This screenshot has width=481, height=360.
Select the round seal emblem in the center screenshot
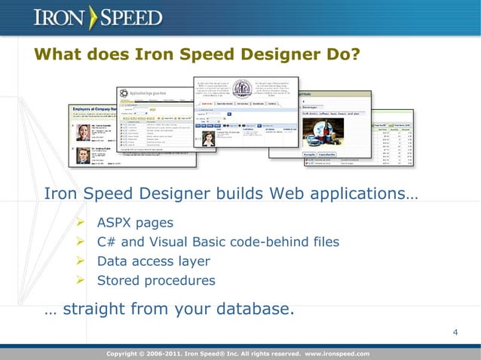pos(245,89)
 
